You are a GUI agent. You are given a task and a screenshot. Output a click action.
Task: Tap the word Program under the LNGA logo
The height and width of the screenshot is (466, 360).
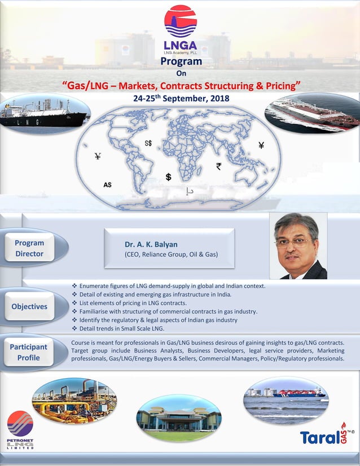[x=181, y=61]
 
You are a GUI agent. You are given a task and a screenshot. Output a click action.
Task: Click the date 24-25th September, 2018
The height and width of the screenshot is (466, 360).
[x=181, y=98]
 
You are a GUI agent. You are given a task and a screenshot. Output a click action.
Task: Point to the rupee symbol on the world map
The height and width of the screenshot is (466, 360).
[x=218, y=166]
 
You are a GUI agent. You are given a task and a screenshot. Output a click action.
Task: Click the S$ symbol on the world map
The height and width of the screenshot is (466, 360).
[x=148, y=143]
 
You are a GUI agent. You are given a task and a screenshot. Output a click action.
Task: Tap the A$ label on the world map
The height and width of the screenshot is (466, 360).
[x=107, y=184]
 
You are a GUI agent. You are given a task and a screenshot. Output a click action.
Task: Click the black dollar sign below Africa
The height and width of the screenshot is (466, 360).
[x=168, y=177]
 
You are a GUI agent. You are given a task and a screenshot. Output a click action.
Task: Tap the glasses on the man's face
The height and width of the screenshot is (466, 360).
[x=293, y=242]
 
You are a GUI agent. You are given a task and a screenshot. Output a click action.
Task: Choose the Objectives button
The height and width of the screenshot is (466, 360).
[x=30, y=306]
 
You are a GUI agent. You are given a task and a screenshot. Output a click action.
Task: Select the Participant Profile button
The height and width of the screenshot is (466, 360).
[x=29, y=352]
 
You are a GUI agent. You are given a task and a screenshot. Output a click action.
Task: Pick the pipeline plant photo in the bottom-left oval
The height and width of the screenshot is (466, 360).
[x=74, y=401]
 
